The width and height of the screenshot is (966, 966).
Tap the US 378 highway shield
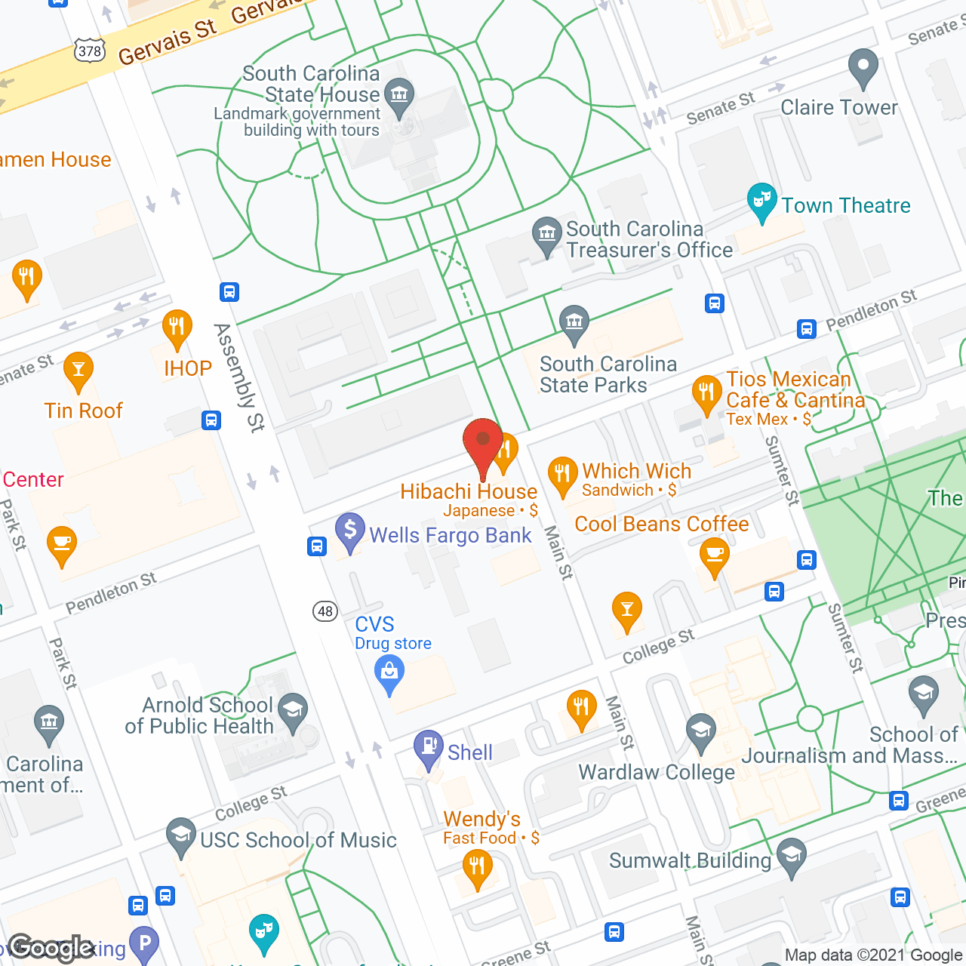click(x=90, y=51)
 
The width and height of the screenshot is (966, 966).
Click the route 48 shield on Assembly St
click(x=325, y=611)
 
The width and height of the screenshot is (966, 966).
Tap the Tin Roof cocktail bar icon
click(x=78, y=369)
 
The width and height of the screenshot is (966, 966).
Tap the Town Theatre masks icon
click(x=762, y=200)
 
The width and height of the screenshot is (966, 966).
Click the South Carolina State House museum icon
click(x=399, y=95)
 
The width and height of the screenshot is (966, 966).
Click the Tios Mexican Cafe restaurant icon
click(x=706, y=392)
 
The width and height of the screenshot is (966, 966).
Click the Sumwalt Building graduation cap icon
click(x=791, y=855)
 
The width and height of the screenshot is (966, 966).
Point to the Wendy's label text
click(x=482, y=819)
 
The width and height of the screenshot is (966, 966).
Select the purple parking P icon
click(x=144, y=942)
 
